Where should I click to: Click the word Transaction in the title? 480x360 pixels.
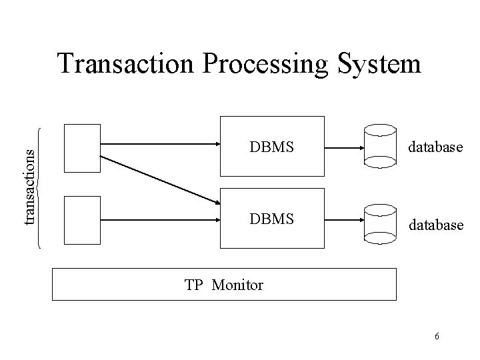[125, 65]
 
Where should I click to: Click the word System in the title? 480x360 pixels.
[381, 65]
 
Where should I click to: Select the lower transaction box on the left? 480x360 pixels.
[82, 219]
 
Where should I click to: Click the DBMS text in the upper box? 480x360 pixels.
[271, 147]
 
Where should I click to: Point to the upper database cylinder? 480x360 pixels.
[381, 147]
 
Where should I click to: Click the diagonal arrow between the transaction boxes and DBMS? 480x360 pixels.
[160, 179]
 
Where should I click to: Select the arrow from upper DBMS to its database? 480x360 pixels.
[343, 147]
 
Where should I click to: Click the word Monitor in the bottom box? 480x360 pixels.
[237, 285]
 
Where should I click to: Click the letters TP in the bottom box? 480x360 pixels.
[193, 285]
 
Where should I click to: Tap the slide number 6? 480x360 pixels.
[437, 336]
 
